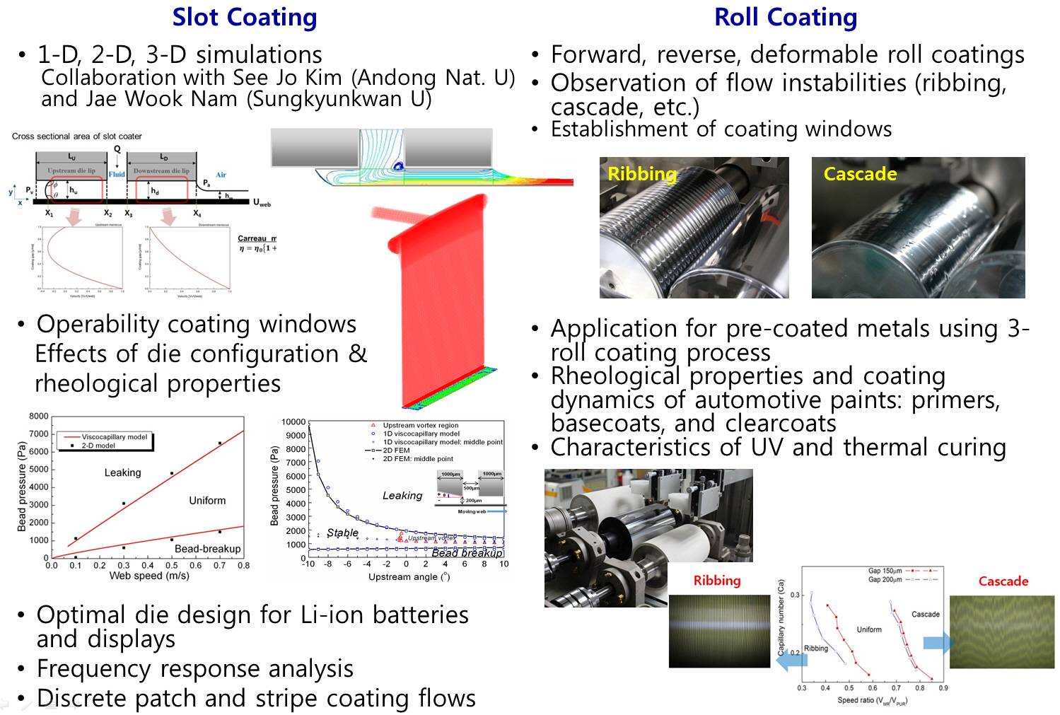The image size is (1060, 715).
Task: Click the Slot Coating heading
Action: pos(245,17)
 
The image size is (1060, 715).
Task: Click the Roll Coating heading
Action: pos(785,17)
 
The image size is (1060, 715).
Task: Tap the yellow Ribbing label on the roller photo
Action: pos(641,174)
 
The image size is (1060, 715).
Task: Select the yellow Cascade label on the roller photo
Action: pos(860,174)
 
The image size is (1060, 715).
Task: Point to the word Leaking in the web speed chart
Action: pos(122,472)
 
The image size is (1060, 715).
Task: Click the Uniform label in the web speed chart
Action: pos(207,501)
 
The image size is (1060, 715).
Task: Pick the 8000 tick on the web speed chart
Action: pos(39,417)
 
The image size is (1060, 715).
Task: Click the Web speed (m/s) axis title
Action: pos(148,576)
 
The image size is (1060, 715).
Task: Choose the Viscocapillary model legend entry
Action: pos(114,437)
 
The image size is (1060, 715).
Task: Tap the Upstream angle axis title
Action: pos(409,577)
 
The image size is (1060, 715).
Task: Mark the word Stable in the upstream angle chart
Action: pos(342,533)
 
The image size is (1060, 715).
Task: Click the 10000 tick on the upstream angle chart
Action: pos(293,422)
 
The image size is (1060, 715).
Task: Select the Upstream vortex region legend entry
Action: pos(420,426)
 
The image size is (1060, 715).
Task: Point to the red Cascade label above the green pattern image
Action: pos(1003,581)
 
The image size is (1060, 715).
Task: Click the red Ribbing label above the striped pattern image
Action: pos(716,581)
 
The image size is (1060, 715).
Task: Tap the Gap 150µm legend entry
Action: pos(885,571)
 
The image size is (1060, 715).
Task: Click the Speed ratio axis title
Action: pos(871,701)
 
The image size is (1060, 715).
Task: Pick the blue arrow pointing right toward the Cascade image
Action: pos(938,643)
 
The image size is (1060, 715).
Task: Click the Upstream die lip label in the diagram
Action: pos(71,171)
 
